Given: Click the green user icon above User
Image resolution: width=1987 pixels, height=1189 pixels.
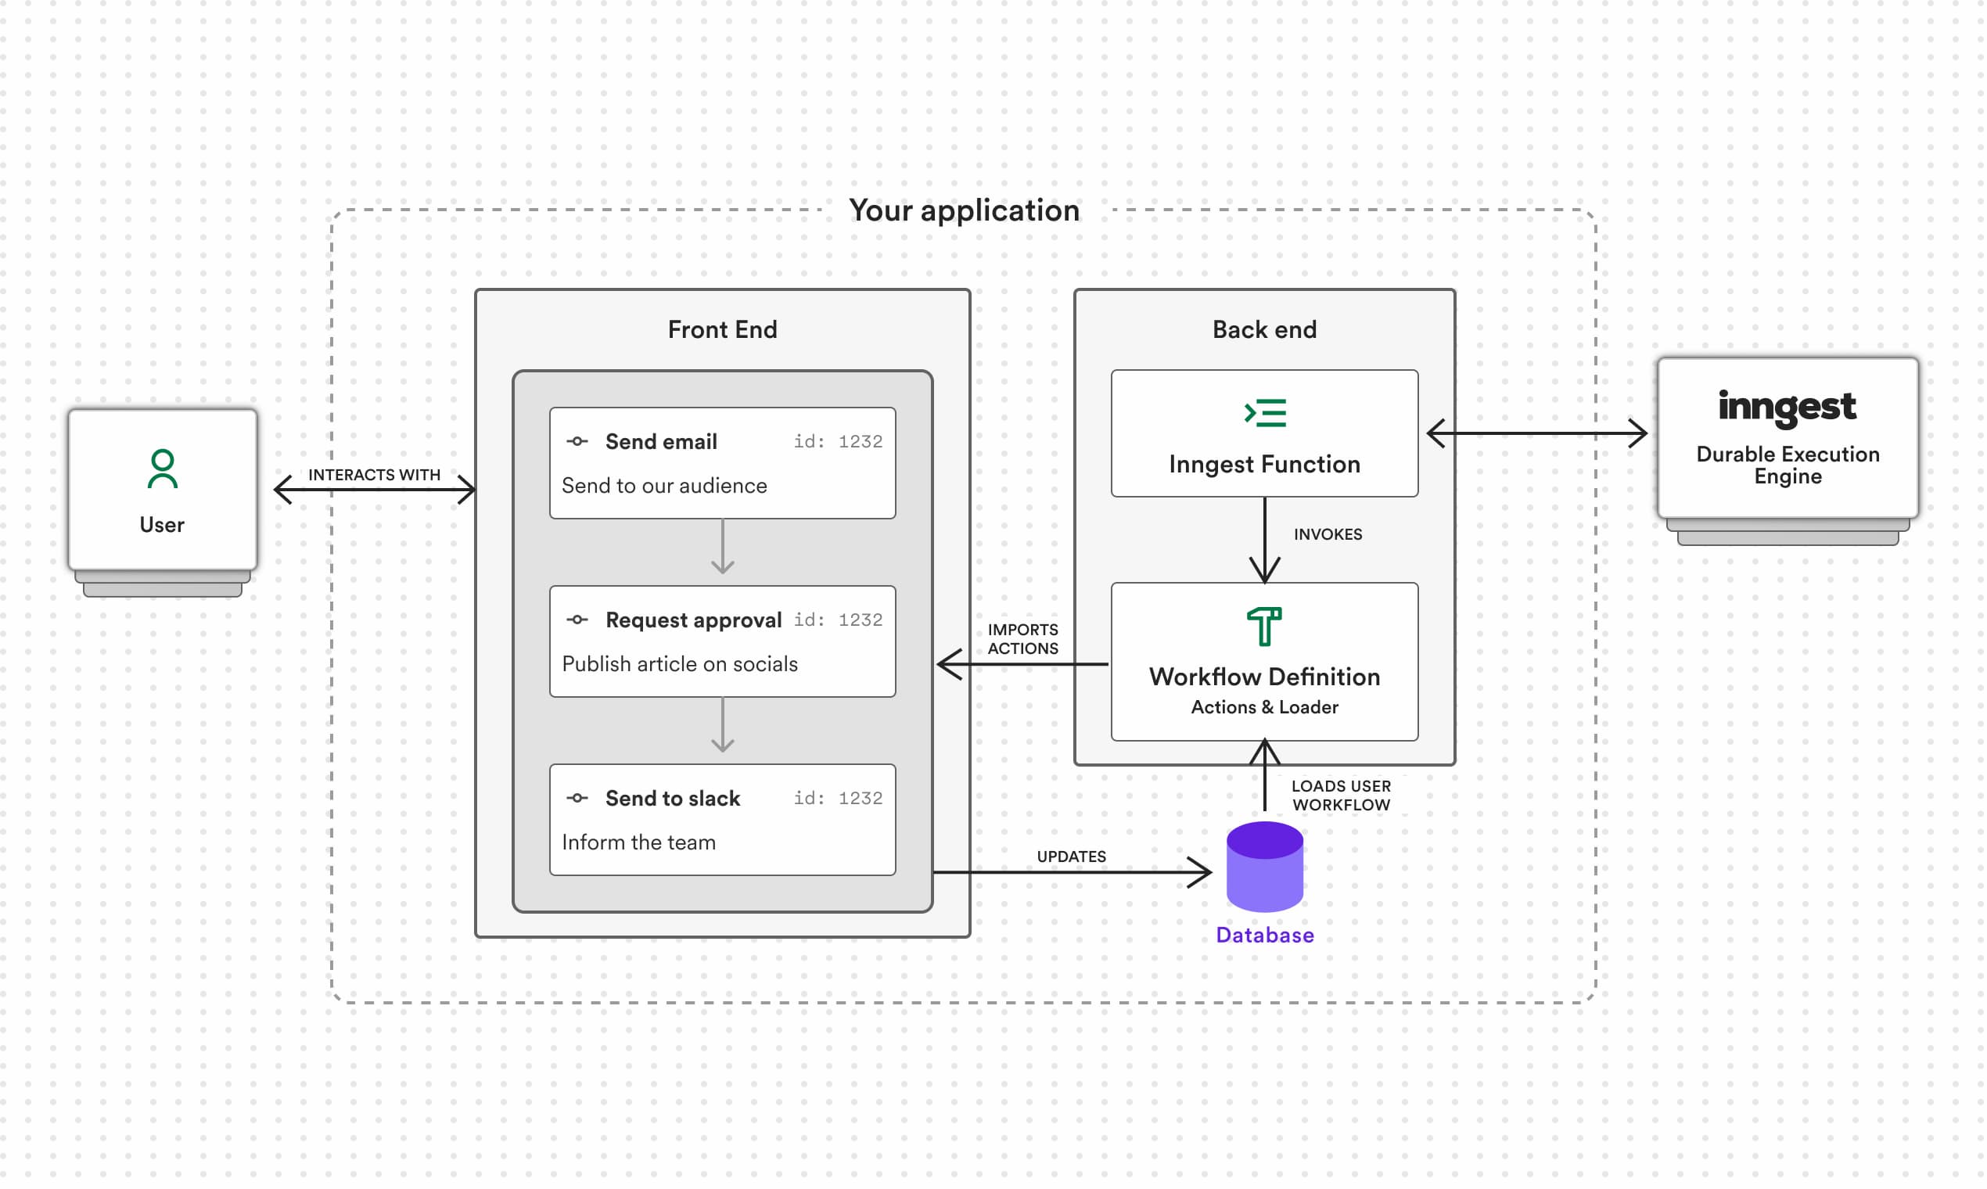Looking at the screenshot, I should point(163,469).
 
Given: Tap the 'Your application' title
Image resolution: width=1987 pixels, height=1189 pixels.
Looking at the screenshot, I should point(964,210).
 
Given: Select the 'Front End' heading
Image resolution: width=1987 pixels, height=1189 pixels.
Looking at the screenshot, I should point(722,329).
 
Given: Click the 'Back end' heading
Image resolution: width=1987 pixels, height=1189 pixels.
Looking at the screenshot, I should point(1263,329).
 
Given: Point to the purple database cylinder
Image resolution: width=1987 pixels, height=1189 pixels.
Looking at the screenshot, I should point(1264,867).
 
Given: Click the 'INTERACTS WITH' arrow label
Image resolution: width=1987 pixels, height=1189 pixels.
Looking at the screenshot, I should point(374,474).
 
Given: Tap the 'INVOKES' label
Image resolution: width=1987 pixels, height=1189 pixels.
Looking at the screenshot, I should point(1327,534).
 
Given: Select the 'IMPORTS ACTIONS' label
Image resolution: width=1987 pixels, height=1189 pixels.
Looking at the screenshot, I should point(1022,638).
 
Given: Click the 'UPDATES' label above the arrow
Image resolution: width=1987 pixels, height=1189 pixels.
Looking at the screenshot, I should point(1070,857).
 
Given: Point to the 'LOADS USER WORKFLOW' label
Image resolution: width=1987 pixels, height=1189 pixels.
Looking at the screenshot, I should point(1340,795).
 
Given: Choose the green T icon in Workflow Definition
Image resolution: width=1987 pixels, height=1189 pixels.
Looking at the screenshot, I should point(1263,626).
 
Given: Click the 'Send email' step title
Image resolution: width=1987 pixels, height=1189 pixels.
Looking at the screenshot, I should point(660,441).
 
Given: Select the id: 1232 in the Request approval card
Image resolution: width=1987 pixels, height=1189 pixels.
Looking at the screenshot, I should point(837,620).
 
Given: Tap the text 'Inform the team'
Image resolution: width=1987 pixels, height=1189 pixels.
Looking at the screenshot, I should point(638,842).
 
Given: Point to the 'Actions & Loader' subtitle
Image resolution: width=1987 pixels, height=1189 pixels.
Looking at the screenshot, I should point(1263,706).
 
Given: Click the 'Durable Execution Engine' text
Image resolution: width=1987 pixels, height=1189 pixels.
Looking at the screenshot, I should point(1787,465).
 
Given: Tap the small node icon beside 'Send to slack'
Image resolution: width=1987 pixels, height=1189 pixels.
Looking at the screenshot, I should point(577,798).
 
